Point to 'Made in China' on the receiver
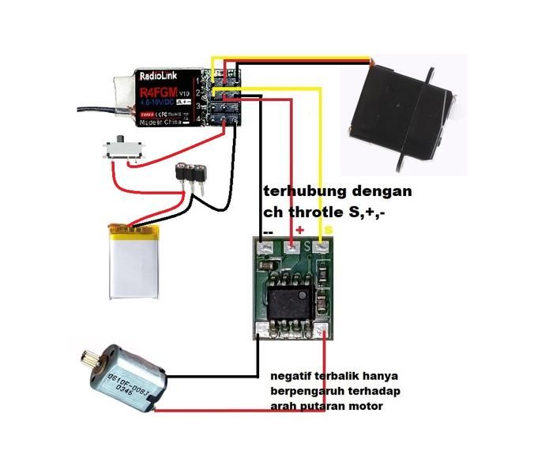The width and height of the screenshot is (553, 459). pyautogui.click(x=163, y=125)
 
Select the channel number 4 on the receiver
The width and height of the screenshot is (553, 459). pyautogui.click(x=196, y=119)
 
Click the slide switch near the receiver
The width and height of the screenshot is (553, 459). pyautogui.click(x=122, y=150)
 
